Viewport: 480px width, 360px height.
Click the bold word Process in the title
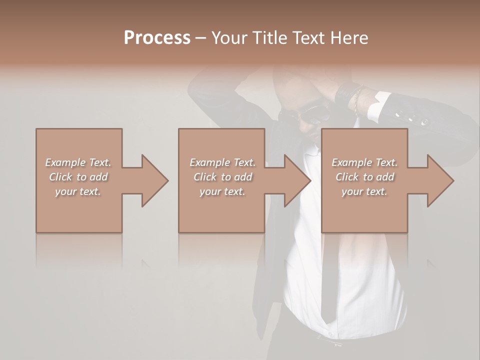point(157,38)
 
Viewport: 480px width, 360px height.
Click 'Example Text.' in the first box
point(78,162)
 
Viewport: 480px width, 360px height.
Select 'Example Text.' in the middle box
point(222,162)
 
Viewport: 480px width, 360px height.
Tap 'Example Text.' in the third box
point(364,162)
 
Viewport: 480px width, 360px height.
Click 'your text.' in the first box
point(78,191)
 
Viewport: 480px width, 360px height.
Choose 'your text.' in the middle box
point(222,191)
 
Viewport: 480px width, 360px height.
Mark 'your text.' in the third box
point(364,191)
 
